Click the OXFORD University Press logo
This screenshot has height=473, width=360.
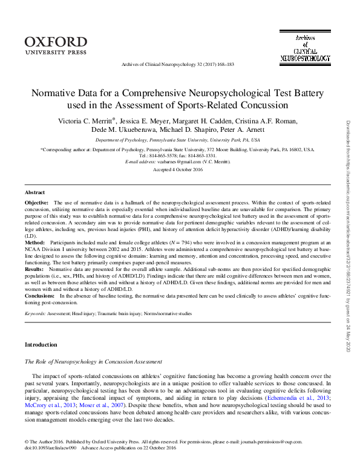56,44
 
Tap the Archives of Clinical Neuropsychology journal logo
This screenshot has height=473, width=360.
305,48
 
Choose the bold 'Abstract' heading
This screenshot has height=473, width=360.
36,192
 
